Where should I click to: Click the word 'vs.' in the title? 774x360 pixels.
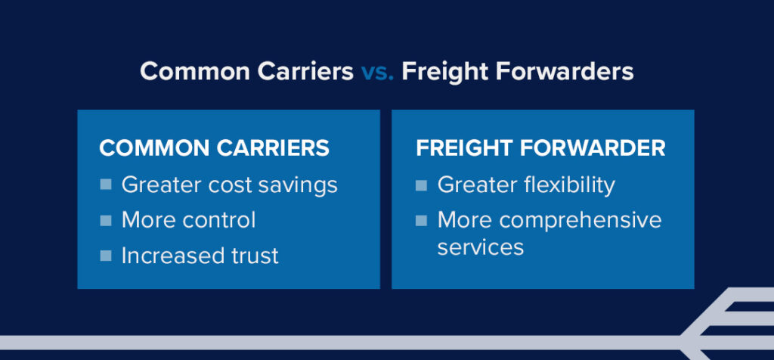point(376,72)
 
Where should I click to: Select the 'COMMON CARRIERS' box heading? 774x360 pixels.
point(214,148)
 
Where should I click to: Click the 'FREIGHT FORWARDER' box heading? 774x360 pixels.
point(540,148)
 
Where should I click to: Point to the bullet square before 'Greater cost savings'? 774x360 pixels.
point(106,184)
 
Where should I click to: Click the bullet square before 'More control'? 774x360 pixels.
point(106,219)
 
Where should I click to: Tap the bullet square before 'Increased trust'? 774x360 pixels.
point(106,255)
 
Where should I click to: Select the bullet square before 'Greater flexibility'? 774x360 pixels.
point(422,184)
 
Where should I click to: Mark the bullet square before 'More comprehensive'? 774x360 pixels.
point(422,219)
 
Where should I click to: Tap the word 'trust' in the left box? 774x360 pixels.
point(252,256)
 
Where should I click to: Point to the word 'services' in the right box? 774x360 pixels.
point(481,247)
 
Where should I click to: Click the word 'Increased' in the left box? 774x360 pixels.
point(168,256)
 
